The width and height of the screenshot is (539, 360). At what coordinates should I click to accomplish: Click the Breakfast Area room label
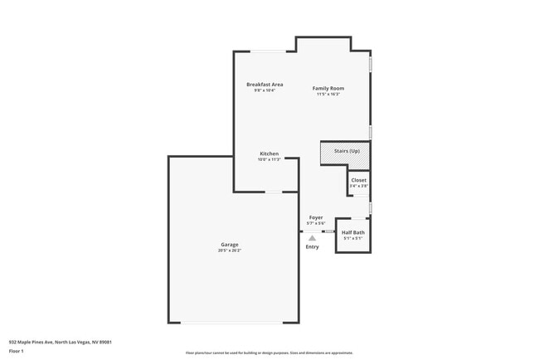[x=265, y=85]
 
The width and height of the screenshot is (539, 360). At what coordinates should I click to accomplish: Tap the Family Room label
[x=328, y=88]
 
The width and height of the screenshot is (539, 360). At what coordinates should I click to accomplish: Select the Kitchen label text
[x=269, y=153]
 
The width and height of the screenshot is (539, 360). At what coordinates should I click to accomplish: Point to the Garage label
[x=230, y=245]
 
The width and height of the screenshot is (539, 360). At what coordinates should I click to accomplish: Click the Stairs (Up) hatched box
[x=345, y=153]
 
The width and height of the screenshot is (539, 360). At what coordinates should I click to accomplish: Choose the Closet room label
[x=358, y=180]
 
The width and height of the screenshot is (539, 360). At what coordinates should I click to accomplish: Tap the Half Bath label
[x=353, y=232]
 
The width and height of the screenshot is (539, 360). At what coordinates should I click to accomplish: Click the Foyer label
[x=316, y=217]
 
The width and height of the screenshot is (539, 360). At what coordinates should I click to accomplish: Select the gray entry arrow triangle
[x=312, y=238]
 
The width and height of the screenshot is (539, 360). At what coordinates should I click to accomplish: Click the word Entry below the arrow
[x=312, y=246]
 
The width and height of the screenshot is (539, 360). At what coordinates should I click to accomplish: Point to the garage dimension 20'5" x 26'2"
[x=230, y=251]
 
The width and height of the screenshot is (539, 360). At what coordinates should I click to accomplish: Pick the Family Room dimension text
[x=328, y=94]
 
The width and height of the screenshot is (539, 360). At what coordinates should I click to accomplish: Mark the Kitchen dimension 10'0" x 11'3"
[x=269, y=159]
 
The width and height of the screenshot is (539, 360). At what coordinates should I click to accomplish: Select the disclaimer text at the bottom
[x=269, y=353]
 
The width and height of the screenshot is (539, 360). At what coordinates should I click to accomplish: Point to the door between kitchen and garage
[x=273, y=192]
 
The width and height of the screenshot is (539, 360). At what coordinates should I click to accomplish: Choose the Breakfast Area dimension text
[x=265, y=90]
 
